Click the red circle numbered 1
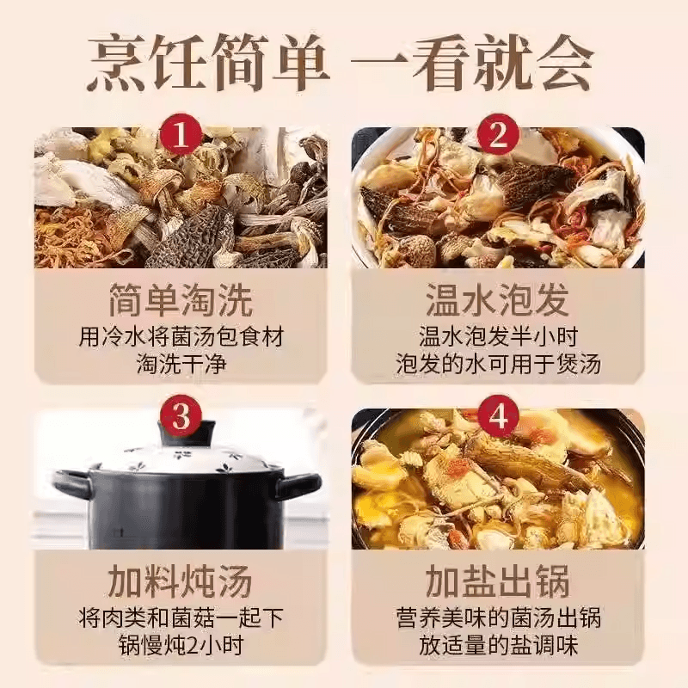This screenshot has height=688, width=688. click(x=181, y=136)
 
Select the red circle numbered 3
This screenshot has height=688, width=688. click(x=181, y=418)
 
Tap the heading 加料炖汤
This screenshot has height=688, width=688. click(x=181, y=582)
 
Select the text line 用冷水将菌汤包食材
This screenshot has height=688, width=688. click(x=181, y=336)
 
